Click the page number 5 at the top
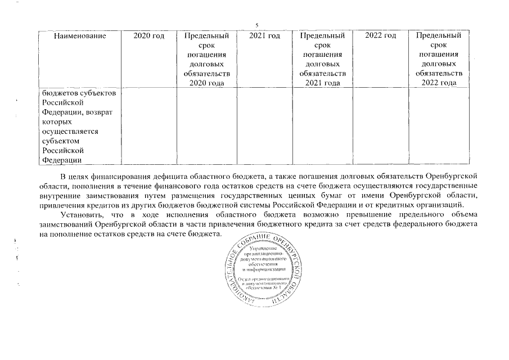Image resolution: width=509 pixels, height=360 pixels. pyautogui.click(x=256, y=25)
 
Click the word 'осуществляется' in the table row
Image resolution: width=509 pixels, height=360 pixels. pyautogui.click(x=70, y=131)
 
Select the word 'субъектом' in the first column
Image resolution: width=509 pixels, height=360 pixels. pyautogui.click(x=61, y=141)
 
